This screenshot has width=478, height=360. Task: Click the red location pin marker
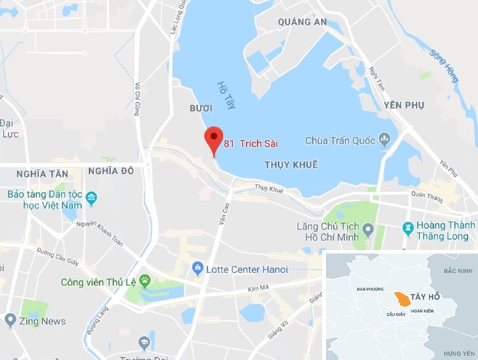pos(213,139)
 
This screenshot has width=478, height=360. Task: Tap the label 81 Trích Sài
pos(251,143)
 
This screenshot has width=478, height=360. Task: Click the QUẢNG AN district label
pos(303,22)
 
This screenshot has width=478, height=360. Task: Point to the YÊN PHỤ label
pos(403,105)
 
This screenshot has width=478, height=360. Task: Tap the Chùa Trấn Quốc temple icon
pos(385,139)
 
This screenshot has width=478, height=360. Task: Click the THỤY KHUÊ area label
pos(291,164)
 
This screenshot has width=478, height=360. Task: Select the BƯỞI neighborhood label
pos(200,107)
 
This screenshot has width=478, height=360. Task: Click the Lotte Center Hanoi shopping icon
pos(197,269)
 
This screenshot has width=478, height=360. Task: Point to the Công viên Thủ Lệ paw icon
pos(145,280)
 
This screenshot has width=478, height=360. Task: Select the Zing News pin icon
pos(10,319)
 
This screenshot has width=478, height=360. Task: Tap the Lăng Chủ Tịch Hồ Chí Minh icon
pos(368,230)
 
